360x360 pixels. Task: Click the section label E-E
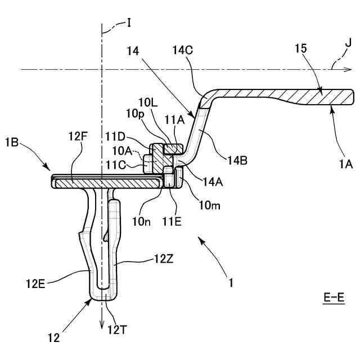tap(334, 296)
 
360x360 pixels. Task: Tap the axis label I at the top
tap(129, 22)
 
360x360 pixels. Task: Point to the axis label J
tap(349, 42)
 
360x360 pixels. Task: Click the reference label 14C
tap(182, 49)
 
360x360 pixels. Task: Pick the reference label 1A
tap(345, 164)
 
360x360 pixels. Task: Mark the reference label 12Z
tap(163, 260)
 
